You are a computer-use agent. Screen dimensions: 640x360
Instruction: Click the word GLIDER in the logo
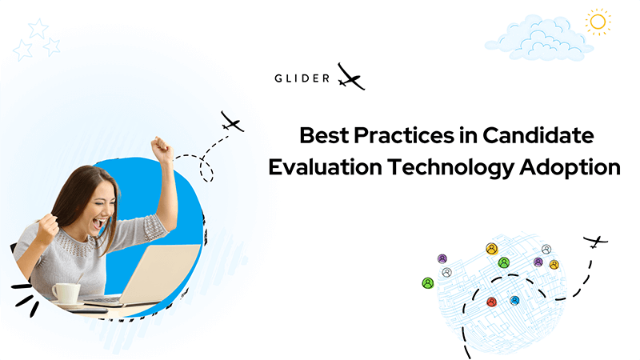pyautogui.click(x=302, y=78)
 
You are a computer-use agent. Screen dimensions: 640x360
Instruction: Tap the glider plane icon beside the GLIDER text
pyautogui.click(x=350, y=78)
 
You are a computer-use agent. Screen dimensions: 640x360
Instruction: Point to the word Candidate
pyautogui.click(x=538, y=135)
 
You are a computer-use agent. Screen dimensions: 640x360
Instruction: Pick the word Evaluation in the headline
pyautogui.click(x=325, y=167)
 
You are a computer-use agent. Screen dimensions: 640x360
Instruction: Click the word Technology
pyautogui.click(x=450, y=168)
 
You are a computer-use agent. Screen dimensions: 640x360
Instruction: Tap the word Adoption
pyautogui.click(x=570, y=168)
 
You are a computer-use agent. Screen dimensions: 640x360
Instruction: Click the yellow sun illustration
pyautogui.click(x=598, y=22)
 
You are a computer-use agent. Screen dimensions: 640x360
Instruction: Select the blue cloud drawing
pyautogui.click(x=539, y=38)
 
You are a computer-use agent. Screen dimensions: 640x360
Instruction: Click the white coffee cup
pyautogui.click(x=66, y=293)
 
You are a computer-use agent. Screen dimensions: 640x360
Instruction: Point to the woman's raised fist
pyautogui.click(x=162, y=150)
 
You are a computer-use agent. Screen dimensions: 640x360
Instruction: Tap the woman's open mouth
pyautogui.click(x=99, y=223)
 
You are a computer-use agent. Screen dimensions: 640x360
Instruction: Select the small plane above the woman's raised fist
pyautogui.click(x=232, y=122)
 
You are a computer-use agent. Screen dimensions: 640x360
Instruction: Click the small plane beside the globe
pyautogui.click(x=595, y=242)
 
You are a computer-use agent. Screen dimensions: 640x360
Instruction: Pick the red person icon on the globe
pyautogui.click(x=492, y=302)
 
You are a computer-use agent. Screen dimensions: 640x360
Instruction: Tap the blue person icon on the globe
pyautogui.click(x=514, y=301)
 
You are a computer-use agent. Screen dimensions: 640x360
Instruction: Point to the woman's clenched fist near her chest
pyautogui.click(x=48, y=230)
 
